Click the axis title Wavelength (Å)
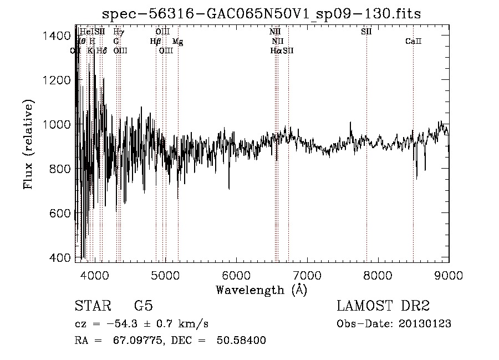coord(261,290)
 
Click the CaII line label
coord(413,42)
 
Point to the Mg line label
coord(178,42)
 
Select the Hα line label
coord(276,50)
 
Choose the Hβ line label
coord(155,42)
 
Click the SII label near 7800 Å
coord(366,32)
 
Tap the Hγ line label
coord(118,32)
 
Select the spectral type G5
coord(143,306)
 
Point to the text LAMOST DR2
coord(383,306)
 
